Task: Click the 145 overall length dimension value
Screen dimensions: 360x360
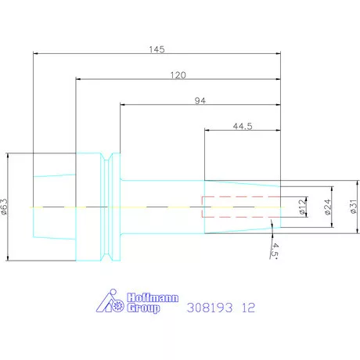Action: (x=157, y=49)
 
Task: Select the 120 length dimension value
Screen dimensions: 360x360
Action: (x=178, y=75)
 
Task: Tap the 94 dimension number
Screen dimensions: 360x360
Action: (x=200, y=101)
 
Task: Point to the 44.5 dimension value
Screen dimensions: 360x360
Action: (x=243, y=126)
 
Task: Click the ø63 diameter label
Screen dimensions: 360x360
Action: (x=5, y=207)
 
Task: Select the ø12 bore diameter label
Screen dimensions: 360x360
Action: (x=303, y=207)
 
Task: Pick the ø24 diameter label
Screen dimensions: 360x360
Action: (x=328, y=207)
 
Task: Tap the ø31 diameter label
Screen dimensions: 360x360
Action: (x=353, y=207)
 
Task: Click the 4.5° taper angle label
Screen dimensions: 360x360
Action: (x=275, y=250)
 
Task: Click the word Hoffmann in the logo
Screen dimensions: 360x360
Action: (x=153, y=297)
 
